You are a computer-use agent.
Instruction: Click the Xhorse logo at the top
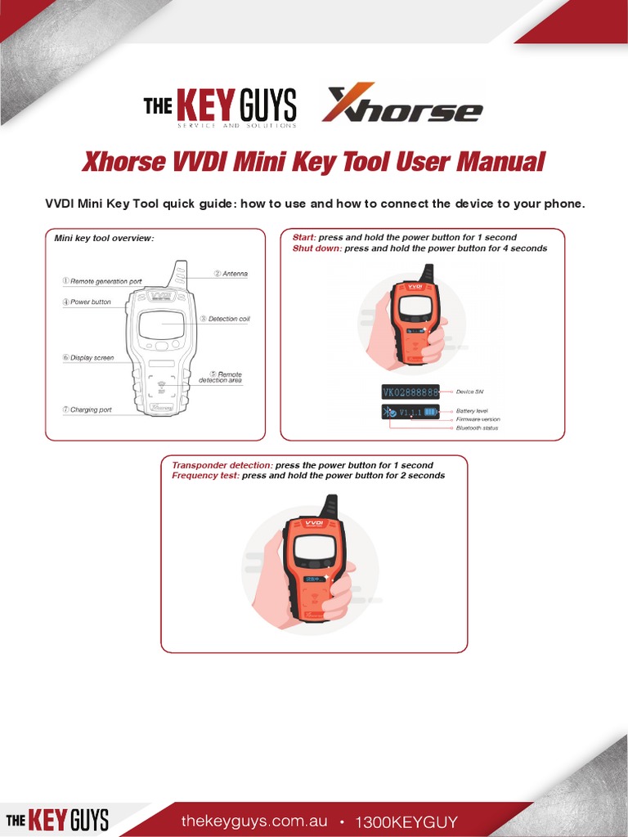pyautogui.click(x=401, y=104)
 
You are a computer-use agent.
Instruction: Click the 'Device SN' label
pyautogui.click(x=471, y=392)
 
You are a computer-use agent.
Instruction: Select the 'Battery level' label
pyautogui.click(x=472, y=410)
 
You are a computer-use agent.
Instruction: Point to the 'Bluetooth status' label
pyautogui.click(x=477, y=427)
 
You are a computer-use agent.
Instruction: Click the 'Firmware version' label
pyautogui.click(x=478, y=418)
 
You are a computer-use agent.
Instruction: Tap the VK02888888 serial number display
pyautogui.click(x=410, y=392)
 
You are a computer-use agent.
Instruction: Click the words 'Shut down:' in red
pyautogui.click(x=317, y=248)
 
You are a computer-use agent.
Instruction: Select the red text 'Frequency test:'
pyautogui.click(x=205, y=476)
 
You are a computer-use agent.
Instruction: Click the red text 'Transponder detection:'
pyautogui.click(x=222, y=465)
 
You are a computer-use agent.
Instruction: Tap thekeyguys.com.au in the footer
pyautogui.click(x=254, y=821)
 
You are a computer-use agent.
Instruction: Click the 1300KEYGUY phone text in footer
pyautogui.click(x=406, y=821)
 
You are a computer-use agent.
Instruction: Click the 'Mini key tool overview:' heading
pyautogui.click(x=104, y=239)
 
